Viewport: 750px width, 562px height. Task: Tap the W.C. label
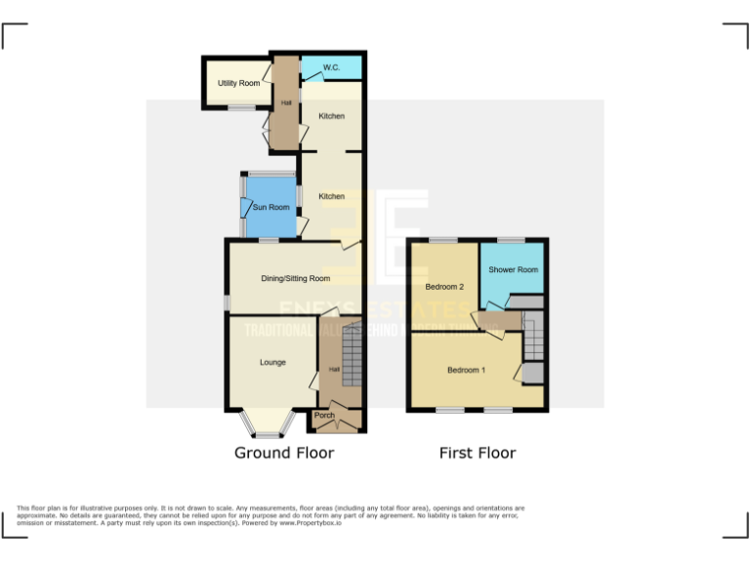coord(331,68)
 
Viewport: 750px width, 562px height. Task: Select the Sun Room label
coord(271,207)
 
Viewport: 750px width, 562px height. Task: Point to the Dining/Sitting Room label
coord(295,278)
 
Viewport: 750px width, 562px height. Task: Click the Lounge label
coord(272,363)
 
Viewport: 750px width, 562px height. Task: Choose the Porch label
coord(324,416)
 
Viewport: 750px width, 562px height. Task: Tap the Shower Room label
coord(514,269)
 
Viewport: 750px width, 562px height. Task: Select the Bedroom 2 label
coord(444,287)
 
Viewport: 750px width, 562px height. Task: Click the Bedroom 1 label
coord(466,370)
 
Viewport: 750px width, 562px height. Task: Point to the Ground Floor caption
coord(284,453)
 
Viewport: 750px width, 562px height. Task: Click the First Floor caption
coord(478,453)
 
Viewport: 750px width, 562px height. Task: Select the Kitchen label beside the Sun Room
coord(332,196)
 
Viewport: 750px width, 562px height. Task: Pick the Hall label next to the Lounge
coord(334,369)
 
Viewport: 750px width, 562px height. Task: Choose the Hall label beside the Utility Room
coord(286,101)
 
